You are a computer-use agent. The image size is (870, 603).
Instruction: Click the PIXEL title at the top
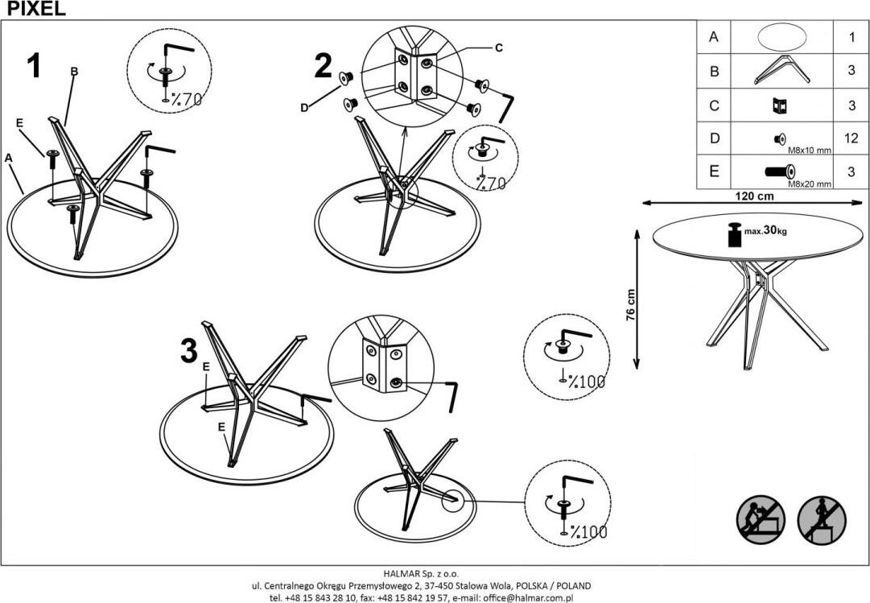[x=36, y=8]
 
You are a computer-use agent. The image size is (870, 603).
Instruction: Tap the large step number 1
[x=35, y=66]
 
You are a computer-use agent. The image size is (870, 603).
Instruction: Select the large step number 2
[x=323, y=66]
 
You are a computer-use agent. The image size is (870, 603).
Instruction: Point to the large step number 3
[x=189, y=351]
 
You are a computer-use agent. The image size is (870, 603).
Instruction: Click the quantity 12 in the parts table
[x=851, y=138]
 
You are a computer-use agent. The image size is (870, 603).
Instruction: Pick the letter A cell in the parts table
[x=714, y=37]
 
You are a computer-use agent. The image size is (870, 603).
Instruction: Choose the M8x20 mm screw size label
[x=810, y=184]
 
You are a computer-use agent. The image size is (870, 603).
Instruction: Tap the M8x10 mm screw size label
[x=810, y=150]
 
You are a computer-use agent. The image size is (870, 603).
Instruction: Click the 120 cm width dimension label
[x=754, y=196]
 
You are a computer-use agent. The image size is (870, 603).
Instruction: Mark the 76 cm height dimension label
[x=630, y=305]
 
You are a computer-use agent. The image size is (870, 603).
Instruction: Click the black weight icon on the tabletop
[x=734, y=235]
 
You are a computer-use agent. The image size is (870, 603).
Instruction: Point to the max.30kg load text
[x=765, y=230]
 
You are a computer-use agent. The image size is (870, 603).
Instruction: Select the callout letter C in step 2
[x=498, y=47]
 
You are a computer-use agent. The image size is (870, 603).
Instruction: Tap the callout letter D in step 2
[x=304, y=108]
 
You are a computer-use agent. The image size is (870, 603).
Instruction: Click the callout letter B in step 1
[x=74, y=72]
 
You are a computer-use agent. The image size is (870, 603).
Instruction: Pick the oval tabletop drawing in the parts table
[x=781, y=37]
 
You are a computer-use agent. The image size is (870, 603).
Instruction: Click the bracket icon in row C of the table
[x=780, y=105]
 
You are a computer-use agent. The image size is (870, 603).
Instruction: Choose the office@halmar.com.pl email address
[x=528, y=598]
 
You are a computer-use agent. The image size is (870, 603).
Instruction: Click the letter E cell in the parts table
[x=714, y=171]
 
